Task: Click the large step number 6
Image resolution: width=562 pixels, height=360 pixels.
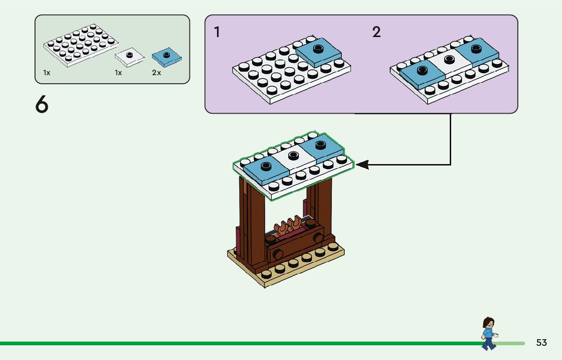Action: click(x=42, y=105)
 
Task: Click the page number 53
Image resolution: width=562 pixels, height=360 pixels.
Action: click(x=541, y=343)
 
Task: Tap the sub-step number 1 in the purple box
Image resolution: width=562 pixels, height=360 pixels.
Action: click(x=217, y=32)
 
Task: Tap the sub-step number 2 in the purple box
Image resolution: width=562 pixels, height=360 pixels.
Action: click(x=376, y=32)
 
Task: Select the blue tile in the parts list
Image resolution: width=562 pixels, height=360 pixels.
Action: click(x=167, y=57)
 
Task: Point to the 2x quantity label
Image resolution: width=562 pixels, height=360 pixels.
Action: click(x=157, y=73)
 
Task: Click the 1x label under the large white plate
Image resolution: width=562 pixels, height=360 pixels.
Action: click(x=47, y=73)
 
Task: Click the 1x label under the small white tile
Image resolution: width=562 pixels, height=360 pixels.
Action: click(x=118, y=73)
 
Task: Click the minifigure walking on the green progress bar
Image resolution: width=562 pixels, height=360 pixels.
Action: click(x=488, y=334)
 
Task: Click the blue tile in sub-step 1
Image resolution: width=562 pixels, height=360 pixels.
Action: click(x=318, y=52)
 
